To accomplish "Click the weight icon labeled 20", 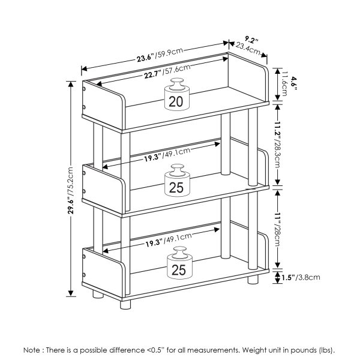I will (x=176, y=95).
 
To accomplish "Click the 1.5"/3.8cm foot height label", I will (x=301, y=277).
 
